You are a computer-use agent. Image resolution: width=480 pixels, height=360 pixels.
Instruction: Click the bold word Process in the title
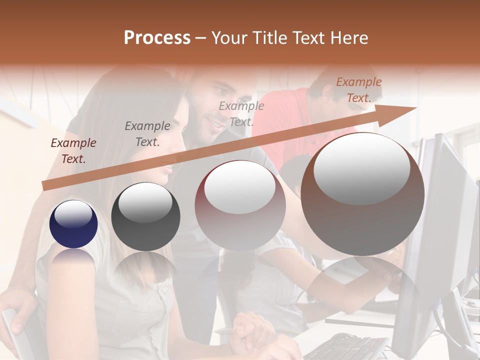[x=157, y=38]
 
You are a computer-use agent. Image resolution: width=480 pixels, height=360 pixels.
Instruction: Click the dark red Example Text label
[x=73, y=151]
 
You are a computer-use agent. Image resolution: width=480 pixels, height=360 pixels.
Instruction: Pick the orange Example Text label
[x=358, y=90]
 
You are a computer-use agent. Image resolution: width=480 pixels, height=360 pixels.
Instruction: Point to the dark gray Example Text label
[x=147, y=133]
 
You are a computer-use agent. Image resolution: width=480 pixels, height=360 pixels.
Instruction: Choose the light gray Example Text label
[x=241, y=113]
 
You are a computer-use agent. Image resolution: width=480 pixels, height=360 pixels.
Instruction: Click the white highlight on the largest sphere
[x=361, y=168]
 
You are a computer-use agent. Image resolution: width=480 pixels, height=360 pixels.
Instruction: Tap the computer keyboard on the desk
[x=345, y=347]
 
